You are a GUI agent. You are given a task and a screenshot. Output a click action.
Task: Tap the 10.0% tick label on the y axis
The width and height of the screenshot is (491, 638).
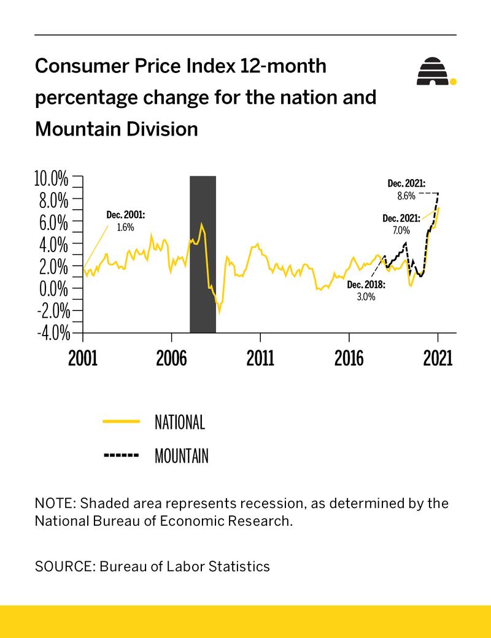(x=50, y=179)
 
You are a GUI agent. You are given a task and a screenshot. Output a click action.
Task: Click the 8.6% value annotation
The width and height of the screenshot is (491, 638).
(x=406, y=196)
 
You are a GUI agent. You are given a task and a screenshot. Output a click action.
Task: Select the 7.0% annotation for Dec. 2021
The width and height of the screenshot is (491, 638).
(x=401, y=231)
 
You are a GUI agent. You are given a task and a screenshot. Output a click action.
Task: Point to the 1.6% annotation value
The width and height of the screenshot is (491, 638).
(x=125, y=227)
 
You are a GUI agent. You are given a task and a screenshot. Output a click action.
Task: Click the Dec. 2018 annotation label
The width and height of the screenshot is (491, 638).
(x=366, y=285)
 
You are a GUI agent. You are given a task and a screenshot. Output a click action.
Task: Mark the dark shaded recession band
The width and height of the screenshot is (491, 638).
(x=203, y=254)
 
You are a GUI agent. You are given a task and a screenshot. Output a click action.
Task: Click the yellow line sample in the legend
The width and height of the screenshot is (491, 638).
(x=122, y=422)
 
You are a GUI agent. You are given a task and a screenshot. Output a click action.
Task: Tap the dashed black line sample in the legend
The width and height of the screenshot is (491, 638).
(x=122, y=456)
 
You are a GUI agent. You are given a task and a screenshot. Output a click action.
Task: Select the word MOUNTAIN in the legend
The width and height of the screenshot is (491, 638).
(x=182, y=456)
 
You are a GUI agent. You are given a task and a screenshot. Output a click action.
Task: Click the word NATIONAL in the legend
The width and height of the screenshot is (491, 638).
(x=180, y=422)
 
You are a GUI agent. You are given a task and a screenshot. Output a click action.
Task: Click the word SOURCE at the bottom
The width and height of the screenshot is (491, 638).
(x=61, y=566)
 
